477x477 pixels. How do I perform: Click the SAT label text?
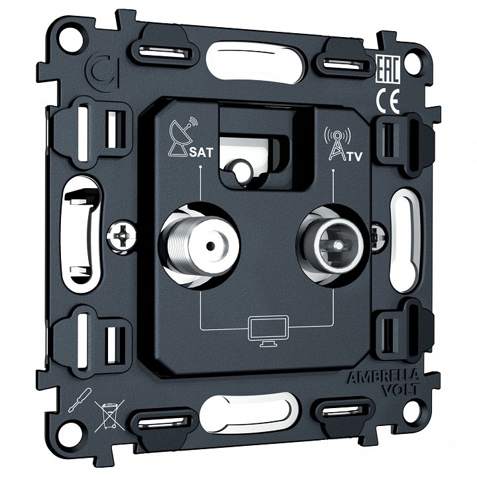201,152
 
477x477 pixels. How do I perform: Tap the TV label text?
354,156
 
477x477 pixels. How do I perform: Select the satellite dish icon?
183,136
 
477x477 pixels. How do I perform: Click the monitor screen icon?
268,331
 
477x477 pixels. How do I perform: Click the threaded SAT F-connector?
199,245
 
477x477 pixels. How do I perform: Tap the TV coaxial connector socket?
333,245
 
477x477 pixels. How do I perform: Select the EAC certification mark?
388,70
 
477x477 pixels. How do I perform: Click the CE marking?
388,101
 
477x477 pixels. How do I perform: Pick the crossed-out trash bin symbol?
109,415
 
